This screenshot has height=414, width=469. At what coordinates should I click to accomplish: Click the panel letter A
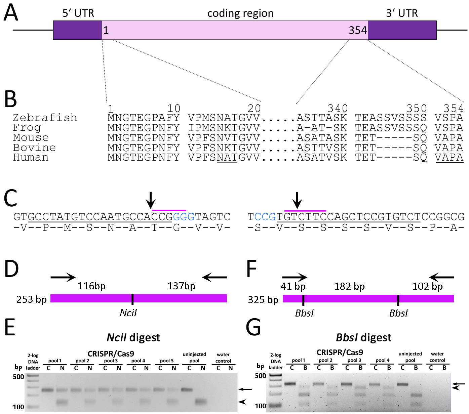(11, 13)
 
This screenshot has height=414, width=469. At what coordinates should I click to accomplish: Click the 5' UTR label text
(78, 13)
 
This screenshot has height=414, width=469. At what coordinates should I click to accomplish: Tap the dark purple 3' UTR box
(402, 30)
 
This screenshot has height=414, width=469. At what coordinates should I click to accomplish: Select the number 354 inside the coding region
(358, 31)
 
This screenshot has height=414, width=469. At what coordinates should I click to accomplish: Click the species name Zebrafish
(45, 118)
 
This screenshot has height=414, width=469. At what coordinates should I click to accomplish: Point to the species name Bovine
(34, 148)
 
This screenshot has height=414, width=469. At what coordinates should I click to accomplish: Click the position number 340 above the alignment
(338, 108)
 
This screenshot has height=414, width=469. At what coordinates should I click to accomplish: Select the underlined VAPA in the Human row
(449, 157)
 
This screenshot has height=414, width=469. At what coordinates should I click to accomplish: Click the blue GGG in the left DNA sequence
(184, 217)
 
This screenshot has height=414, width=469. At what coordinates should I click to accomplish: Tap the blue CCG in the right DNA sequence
(265, 217)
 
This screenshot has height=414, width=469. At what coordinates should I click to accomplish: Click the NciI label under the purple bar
(128, 313)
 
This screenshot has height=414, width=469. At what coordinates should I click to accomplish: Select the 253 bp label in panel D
(31, 299)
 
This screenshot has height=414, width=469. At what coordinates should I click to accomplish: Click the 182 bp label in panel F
(349, 286)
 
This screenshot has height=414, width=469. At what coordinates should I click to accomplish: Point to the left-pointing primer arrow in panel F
(442, 277)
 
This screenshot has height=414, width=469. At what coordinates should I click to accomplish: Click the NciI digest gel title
(133, 337)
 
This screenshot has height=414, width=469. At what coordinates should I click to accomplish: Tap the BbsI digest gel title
(363, 337)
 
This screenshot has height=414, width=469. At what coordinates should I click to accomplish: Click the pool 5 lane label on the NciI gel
(167, 361)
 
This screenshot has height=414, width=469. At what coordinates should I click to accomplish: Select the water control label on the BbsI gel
(437, 357)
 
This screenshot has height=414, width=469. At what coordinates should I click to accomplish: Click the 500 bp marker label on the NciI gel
(18, 377)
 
